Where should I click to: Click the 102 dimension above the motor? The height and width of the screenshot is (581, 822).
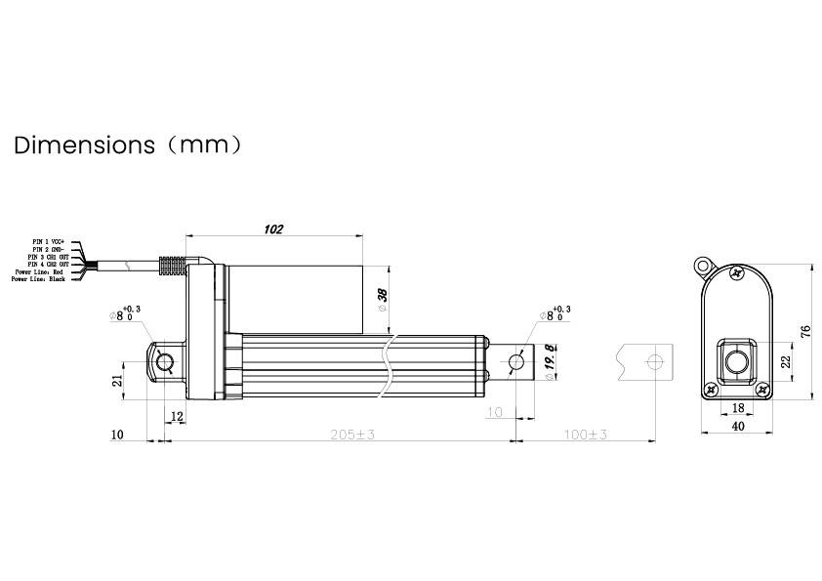(273, 228)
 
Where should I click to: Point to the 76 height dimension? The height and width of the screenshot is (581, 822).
(806, 332)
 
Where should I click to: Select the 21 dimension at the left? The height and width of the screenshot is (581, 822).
(118, 380)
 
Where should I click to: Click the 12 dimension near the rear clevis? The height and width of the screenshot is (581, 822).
(176, 416)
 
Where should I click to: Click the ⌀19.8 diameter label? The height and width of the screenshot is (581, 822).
(550, 361)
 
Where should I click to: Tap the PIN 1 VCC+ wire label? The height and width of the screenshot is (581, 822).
(48, 240)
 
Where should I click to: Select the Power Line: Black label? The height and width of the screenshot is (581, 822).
(38, 279)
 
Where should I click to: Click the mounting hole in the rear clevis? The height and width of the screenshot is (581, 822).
(165, 362)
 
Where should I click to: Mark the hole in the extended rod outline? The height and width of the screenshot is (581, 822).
(655, 362)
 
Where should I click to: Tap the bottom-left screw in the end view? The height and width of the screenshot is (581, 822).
(712, 389)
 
